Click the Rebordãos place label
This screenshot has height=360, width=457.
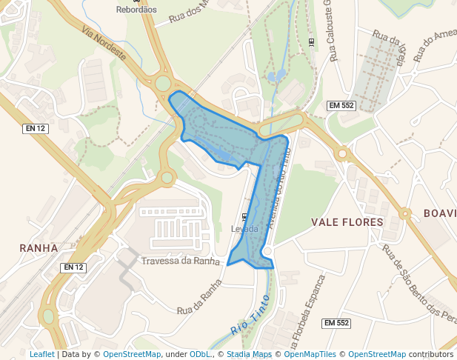click(x=136, y=10)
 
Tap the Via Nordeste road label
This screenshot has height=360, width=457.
click(x=105, y=45)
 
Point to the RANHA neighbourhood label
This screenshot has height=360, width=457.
click(x=39, y=248)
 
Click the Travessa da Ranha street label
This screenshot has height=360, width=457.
click(x=181, y=261)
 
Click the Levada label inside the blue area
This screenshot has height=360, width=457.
click(x=245, y=229)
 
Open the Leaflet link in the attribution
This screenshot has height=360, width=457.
click(x=41, y=354)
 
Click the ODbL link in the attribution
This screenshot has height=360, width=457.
click(x=200, y=354)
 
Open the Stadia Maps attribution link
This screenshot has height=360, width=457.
click(x=249, y=354)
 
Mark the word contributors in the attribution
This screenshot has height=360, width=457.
click(x=431, y=354)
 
